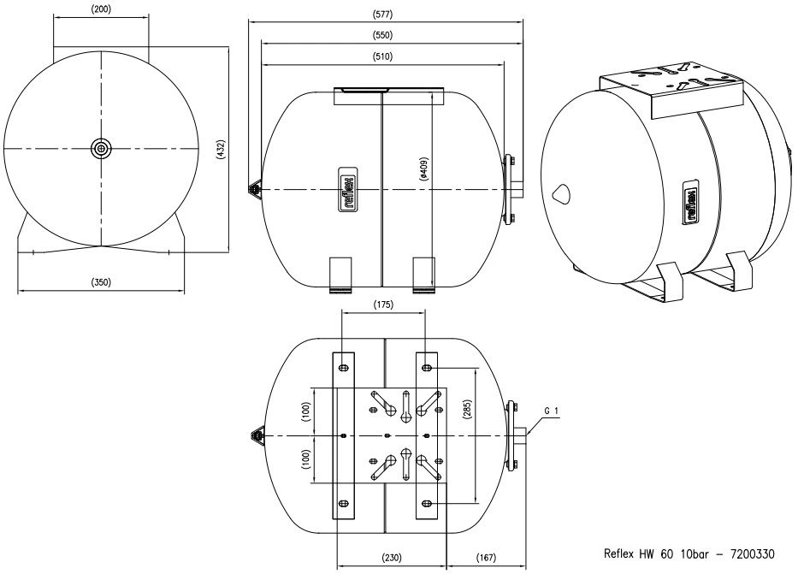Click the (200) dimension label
[x=100, y=9]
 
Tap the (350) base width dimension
[x=101, y=281]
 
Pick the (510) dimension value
[x=382, y=56]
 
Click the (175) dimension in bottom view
[x=383, y=305]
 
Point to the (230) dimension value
[x=392, y=558]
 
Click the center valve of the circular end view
[x=101, y=149]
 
